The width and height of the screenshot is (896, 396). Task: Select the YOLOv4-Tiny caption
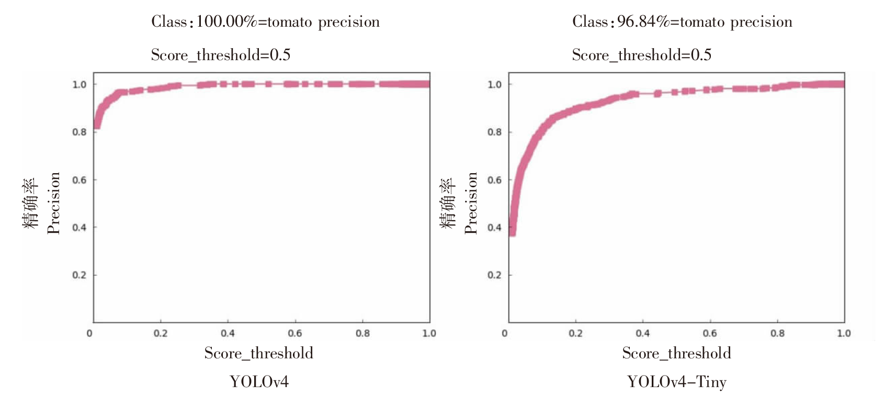677,382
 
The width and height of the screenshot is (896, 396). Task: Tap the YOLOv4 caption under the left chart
259,382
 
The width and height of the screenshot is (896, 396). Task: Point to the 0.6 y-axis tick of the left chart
80,180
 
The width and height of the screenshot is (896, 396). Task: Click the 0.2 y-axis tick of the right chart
494,275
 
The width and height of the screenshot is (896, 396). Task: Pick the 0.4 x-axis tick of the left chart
228,334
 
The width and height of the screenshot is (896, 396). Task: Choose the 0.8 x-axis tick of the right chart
777,334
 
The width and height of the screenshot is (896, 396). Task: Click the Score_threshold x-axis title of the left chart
259,354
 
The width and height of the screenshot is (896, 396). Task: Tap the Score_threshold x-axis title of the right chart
676,354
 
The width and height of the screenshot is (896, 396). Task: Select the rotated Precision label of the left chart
54,203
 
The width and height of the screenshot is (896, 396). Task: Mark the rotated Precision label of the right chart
471,203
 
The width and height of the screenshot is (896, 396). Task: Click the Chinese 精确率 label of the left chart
30,203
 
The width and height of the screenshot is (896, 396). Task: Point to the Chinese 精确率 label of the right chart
448,203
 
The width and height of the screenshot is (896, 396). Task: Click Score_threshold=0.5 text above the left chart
220,55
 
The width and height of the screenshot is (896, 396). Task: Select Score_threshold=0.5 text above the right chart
641,55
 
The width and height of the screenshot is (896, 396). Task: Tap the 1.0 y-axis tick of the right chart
494,85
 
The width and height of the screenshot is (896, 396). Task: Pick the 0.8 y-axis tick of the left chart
80,132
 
